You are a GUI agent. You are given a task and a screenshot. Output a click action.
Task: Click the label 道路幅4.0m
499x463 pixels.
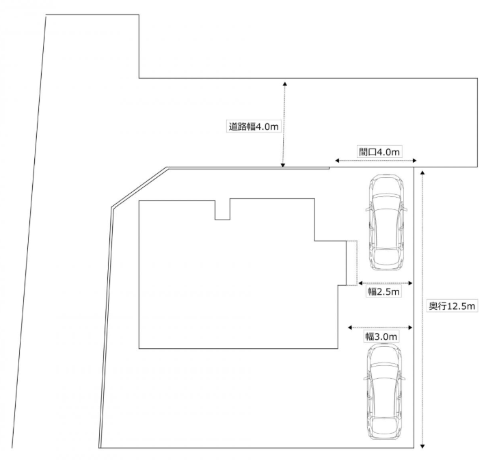pyautogui.click(x=254, y=127)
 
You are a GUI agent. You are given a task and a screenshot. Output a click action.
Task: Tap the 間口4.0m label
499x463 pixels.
pyautogui.click(x=379, y=152)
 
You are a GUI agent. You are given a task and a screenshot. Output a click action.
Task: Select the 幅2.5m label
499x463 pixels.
pyautogui.click(x=383, y=291)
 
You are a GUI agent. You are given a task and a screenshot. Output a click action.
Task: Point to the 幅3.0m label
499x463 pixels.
pyautogui.click(x=381, y=336)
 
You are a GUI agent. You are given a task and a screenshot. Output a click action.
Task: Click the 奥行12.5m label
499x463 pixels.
pyautogui.click(x=452, y=306)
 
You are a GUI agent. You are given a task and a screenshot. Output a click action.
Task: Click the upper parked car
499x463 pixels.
pyautogui.click(x=386, y=223)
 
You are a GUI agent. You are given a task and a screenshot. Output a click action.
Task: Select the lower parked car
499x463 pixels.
pyautogui.click(x=384, y=393)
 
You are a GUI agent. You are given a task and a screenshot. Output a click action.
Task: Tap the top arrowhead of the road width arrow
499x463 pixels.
pyautogui.click(x=285, y=84)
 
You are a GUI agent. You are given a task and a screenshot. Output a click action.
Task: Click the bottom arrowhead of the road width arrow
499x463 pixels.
pyautogui.click(x=282, y=165)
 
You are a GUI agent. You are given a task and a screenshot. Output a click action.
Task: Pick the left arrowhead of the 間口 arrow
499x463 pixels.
pyautogui.click(x=337, y=161)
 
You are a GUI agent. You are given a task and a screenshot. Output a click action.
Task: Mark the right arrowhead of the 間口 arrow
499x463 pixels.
pyautogui.click(x=414, y=161)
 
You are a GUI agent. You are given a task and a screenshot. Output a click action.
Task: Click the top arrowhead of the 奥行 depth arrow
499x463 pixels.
pyautogui.click(x=422, y=173)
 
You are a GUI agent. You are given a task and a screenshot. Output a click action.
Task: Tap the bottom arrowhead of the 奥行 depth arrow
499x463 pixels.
pyautogui.click(x=422, y=446)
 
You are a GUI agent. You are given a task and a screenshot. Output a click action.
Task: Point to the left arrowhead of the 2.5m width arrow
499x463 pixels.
pyautogui.click(x=360, y=282)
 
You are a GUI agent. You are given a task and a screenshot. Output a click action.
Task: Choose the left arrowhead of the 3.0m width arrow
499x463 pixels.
pyautogui.click(x=350, y=328)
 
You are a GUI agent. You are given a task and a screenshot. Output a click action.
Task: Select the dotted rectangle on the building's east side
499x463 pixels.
pyautogui.click(x=351, y=263)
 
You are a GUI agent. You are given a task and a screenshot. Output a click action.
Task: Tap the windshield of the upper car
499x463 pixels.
pyautogui.click(x=386, y=202)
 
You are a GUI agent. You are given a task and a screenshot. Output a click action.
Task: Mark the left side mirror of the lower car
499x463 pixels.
pyautogui.click(x=366, y=378)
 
